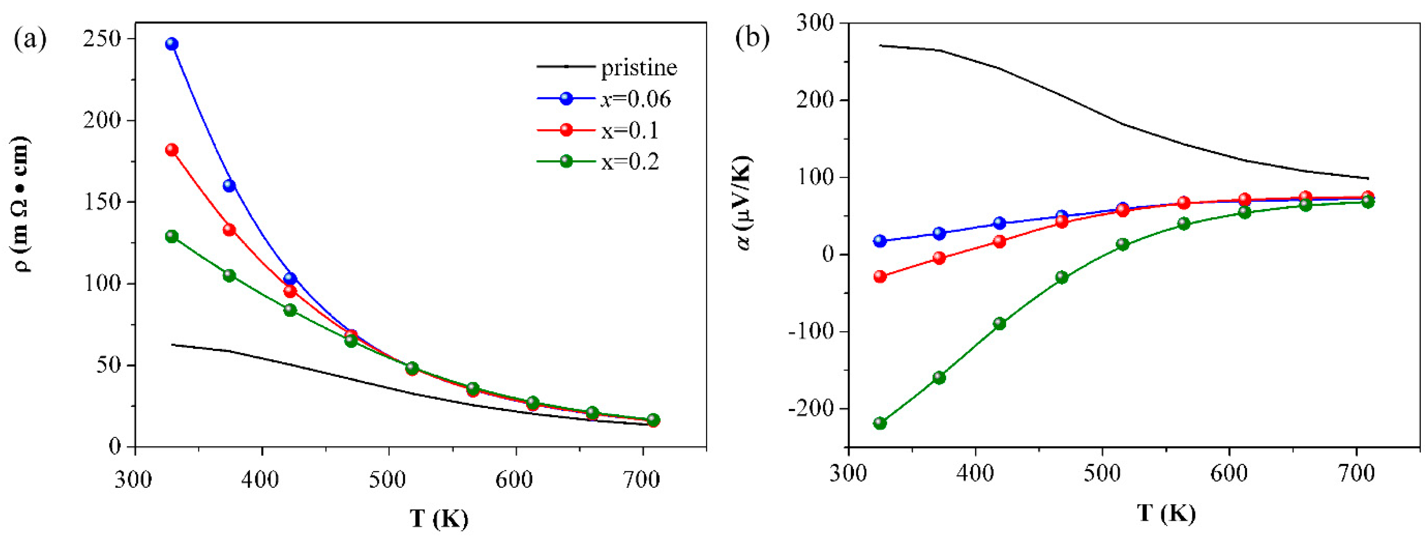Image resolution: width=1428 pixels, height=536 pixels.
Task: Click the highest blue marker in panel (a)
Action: (x=172, y=44)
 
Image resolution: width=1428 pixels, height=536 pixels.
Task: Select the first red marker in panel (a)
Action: (x=172, y=150)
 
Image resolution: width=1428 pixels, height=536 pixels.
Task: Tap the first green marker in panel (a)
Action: (x=172, y=236)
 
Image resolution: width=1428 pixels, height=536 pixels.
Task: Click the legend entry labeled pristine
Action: (x=639, y=68)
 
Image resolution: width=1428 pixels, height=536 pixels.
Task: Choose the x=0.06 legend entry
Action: (x=635, y=99)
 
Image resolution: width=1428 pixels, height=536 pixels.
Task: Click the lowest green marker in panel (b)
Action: (x=880, y=423)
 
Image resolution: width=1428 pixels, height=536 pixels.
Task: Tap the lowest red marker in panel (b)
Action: (x=880, y=276)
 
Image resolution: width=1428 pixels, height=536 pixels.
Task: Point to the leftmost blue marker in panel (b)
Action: (x=880, y=241)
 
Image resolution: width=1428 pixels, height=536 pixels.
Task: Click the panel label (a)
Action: (x=30, y=39)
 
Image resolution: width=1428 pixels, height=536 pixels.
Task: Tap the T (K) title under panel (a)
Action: (x=439, y=519)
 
